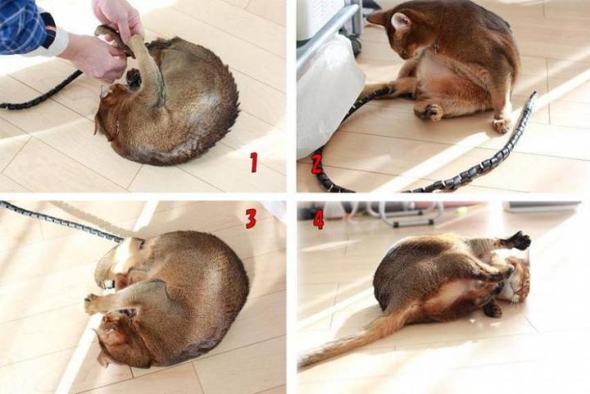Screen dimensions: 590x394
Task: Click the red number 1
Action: pyautogui.click(x=254, y=163)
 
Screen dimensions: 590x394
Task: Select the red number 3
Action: pyautogui.click(x=251, y=218)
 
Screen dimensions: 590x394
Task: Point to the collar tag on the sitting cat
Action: pyautogui.click(x=437, y=48)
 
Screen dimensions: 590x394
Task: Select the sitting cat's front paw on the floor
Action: pyautogui.click(x=501, y=125)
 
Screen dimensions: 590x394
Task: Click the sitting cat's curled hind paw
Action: pyautogui.click(x=429, y=112)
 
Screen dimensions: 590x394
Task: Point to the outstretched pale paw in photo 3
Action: pyautogui.click(x=94, y=305)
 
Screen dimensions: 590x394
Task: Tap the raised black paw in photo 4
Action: pyautogui.click(x=519, y=241)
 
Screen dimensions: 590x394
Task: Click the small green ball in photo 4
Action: pyautogui.click(x=459, y=214)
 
